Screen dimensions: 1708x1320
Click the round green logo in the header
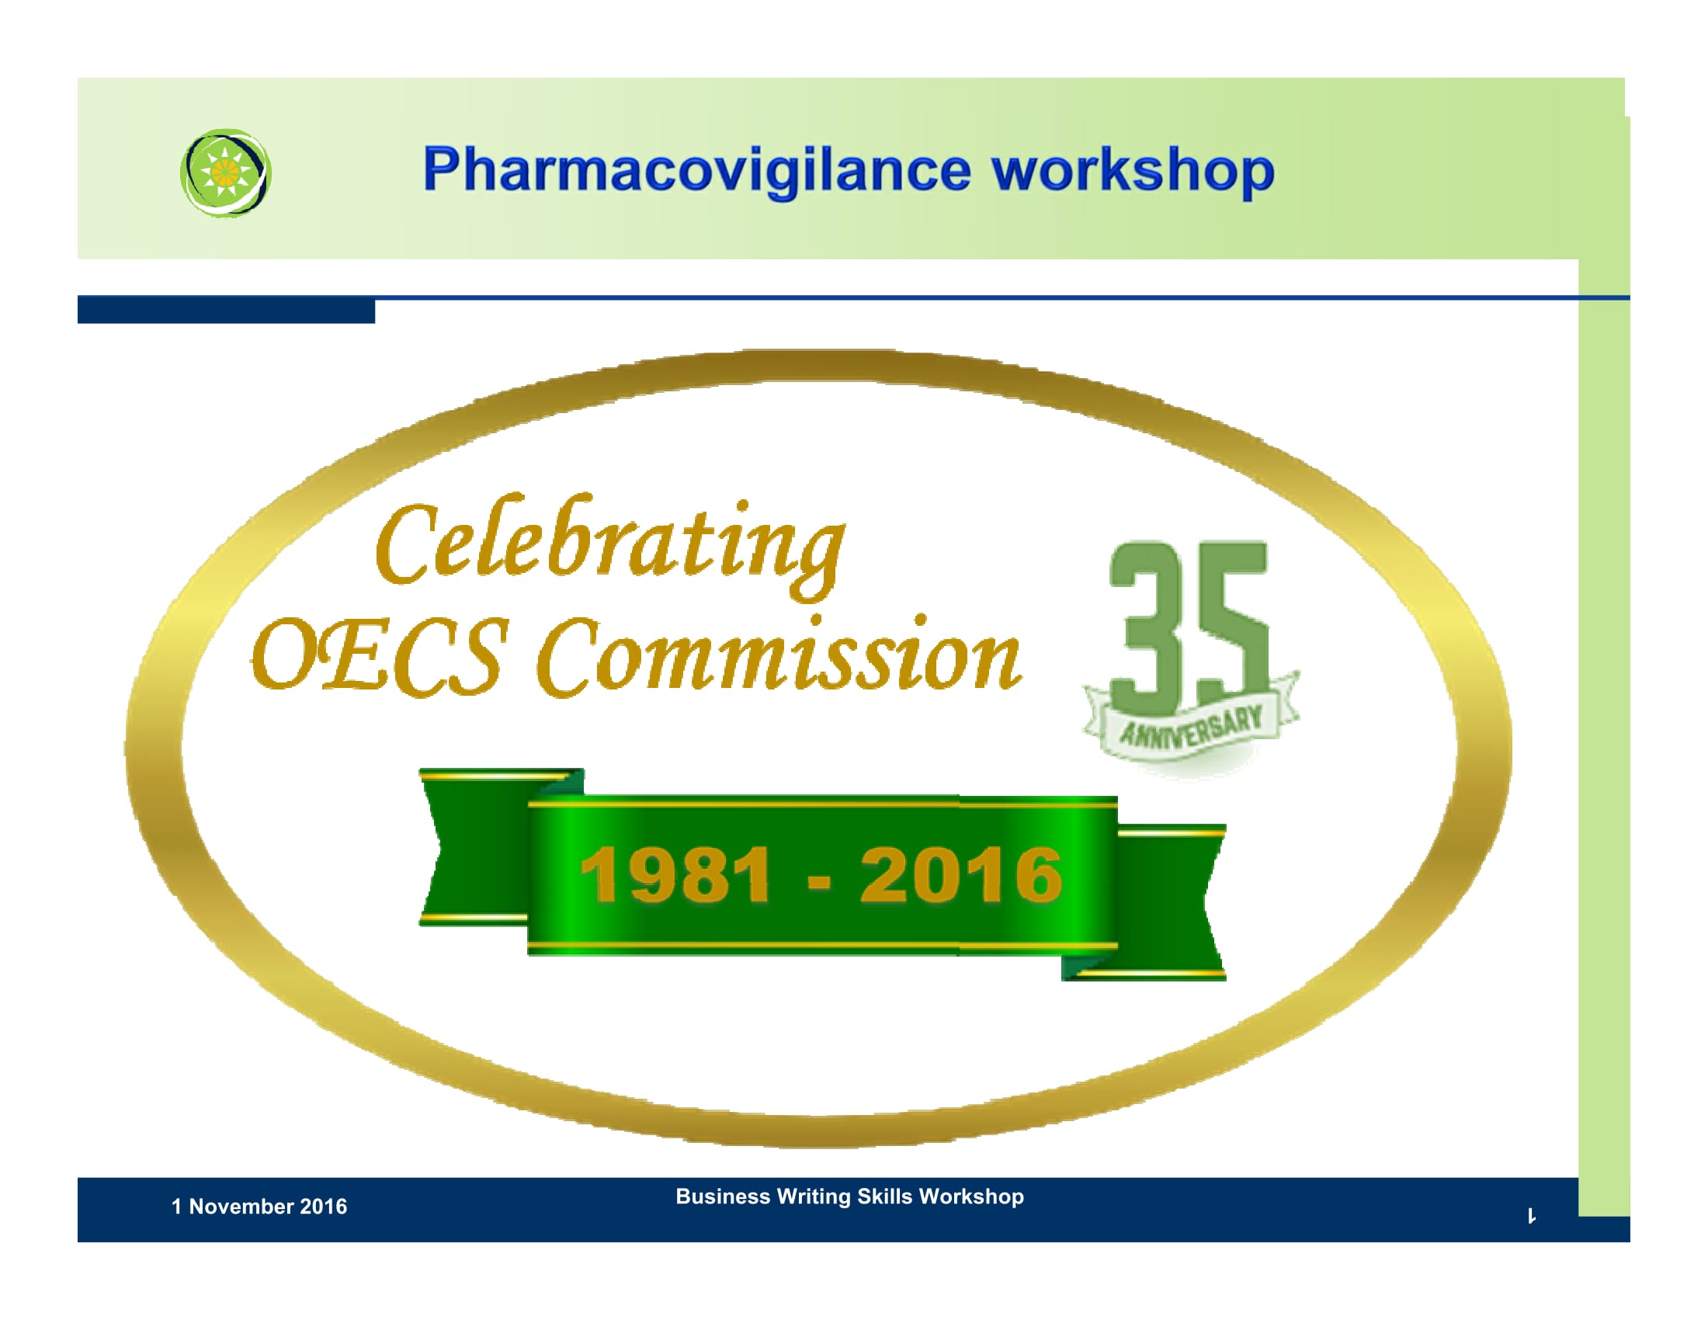tap(226, 173)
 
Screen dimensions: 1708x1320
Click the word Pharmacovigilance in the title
tap(697, 171)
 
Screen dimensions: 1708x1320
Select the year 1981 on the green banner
tap(675, 875)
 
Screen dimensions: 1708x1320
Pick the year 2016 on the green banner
tap(961, 875)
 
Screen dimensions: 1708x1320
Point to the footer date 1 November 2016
tap(259, 1207)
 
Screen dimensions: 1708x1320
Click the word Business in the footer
tap(723, 1197)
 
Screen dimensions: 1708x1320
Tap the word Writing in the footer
tap(814, 1197)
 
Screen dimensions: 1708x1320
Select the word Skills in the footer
tap(884, 1197)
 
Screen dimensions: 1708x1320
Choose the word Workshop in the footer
tap(971, 1197)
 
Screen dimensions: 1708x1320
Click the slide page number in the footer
tap(1531, 1216)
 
